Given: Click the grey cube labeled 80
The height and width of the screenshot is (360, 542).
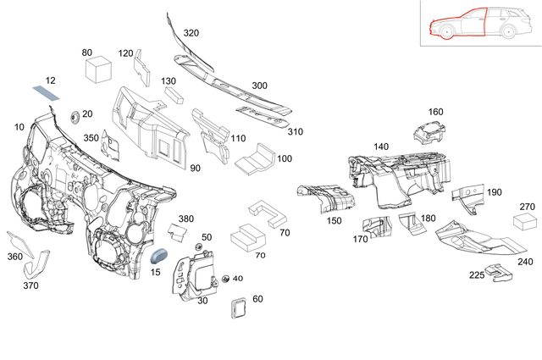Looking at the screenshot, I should (102, 68).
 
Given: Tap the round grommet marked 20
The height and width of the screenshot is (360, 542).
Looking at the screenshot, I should (72, 114).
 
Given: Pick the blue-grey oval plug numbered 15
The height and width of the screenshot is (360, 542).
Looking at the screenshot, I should (161, 254).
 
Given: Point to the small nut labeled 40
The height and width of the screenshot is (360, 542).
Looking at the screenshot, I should (226, 279).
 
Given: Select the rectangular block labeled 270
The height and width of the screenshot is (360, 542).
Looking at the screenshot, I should (526, 222).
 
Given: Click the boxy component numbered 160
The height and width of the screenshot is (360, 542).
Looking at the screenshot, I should (429, 133).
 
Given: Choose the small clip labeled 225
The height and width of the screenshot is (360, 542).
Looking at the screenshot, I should (500, 273).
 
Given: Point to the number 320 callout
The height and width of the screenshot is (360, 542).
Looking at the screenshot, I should (191, 33).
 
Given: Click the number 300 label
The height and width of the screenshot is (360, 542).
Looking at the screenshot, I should (259, 86).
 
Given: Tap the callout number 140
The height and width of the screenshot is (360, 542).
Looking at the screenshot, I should (381, 147).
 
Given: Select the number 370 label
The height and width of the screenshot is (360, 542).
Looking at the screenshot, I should (31, 285).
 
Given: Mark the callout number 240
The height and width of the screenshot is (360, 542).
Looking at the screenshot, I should (525, 262).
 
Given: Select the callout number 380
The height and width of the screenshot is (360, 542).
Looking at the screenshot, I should (185, 218).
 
